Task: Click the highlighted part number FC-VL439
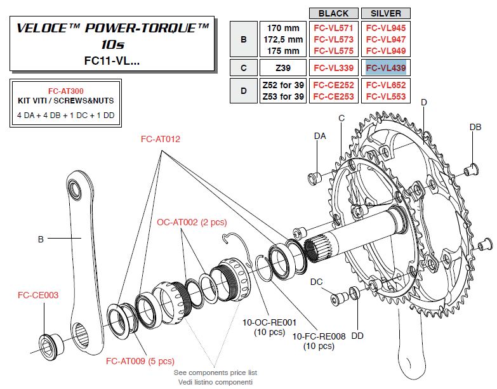tap(385, 67)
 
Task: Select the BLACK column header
tap(333, 13)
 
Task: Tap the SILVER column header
tap(385, 13)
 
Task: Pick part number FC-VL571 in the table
tap(333, 28)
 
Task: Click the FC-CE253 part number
tap(333, 96)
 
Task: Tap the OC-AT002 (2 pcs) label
tap(192, 222)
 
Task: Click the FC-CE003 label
tap(37, 295)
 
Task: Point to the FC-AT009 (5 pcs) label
tap(140, 361)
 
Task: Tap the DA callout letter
tap(321, 136)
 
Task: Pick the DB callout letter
tap(475, 127)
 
